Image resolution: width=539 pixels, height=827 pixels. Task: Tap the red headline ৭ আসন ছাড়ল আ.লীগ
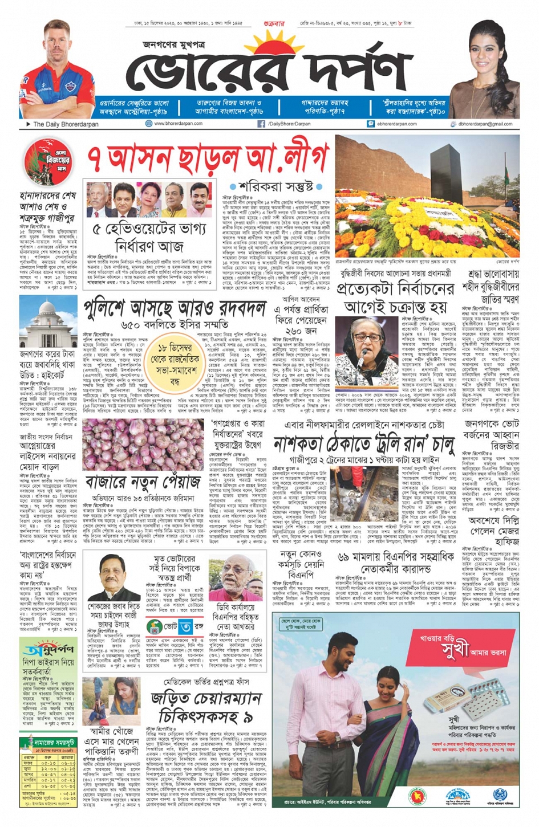(x=209, y=157)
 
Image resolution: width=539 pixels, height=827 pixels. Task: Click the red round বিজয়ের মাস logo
(x=47, y=162)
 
